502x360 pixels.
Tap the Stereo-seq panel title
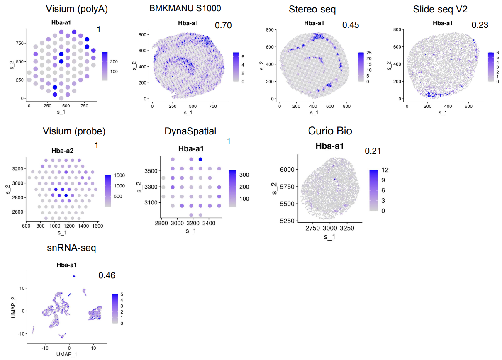tap(313, 8)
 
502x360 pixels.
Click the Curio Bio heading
tap(330, 131)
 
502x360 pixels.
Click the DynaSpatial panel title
tap(190, 131)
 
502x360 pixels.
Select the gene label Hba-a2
tap(63, 151)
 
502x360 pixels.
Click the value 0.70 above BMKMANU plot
tap(223, 25)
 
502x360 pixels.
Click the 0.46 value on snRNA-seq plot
tap(107, 275)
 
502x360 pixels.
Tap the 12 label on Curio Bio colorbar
tap(385, 170)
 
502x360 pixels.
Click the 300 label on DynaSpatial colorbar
tap(244, 174)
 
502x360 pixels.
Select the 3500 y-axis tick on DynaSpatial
tap(150, 171)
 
